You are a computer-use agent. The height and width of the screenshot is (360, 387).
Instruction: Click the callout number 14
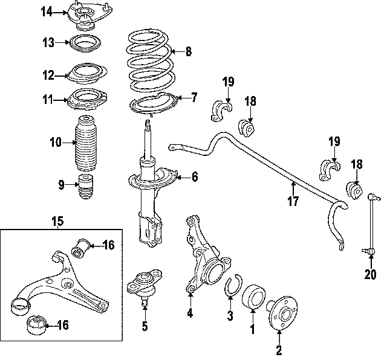point(47,11)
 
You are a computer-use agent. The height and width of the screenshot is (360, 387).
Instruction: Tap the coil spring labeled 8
point(149,61)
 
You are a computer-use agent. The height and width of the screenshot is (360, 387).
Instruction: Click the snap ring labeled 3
point(233,286)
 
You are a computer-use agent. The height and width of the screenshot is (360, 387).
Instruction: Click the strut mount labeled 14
point(88,16)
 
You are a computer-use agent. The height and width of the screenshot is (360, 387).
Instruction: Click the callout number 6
point(195,177)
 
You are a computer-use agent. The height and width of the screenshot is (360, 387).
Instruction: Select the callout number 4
point(189,313)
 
